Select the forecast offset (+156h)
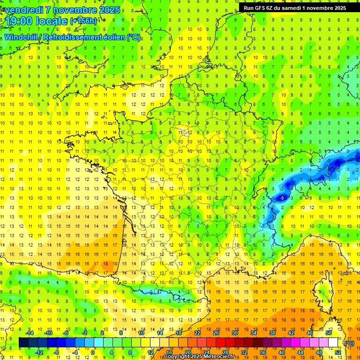83,21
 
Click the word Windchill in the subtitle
21,37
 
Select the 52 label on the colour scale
337,352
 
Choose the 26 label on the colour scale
216,333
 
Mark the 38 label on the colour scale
272,333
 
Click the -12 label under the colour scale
39,352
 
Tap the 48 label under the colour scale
319,352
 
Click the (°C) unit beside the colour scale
349,343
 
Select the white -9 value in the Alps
282,198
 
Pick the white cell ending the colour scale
333,343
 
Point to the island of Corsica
322,293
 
